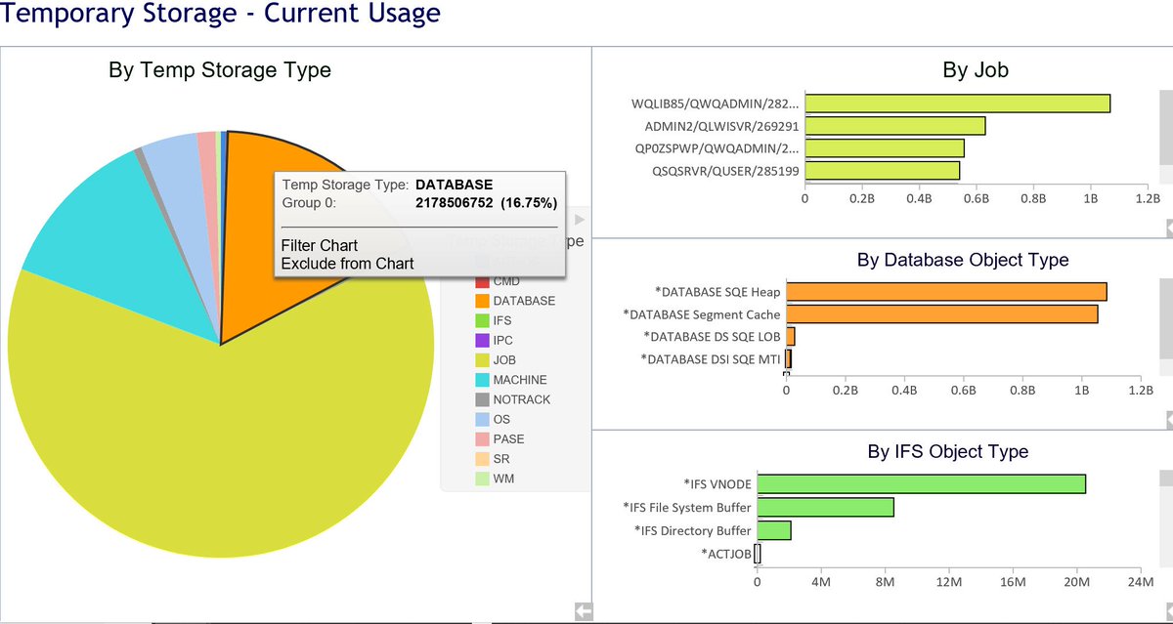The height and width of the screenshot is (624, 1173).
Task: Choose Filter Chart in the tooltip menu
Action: [319, 245]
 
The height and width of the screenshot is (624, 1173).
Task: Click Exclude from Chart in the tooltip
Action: [347, 263]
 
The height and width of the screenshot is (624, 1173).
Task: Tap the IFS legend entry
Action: [501, 320]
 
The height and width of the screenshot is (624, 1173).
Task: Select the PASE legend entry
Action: [508, 439]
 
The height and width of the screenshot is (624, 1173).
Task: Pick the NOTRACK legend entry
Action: [521, 399]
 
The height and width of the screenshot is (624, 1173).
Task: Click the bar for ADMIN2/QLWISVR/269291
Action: [893, 126]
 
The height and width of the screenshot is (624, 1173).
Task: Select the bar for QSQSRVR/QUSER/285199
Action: [881, 171]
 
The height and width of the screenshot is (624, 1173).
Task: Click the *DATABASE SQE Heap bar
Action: [945, 291]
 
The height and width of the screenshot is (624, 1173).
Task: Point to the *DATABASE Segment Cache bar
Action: [940, 313]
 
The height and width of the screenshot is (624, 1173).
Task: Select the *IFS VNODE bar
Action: [920, 483]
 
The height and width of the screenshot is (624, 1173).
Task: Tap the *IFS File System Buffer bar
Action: [825, 507]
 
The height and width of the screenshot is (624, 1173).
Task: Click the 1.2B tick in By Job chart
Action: [1146, 197]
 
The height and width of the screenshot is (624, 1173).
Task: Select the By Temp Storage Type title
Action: [219, 70]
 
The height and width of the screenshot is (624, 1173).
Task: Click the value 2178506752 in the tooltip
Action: [455, 203]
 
